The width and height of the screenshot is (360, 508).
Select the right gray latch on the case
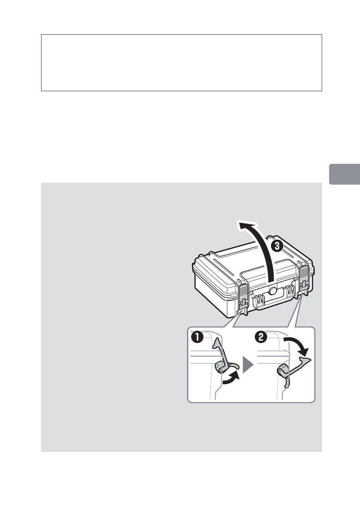(x=304, y=280)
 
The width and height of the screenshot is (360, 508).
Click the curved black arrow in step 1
(x=231, y=379)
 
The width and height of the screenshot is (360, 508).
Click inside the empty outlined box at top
(x=181, y=63)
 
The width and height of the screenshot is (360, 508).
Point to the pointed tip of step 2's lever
(x=310, y=358)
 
